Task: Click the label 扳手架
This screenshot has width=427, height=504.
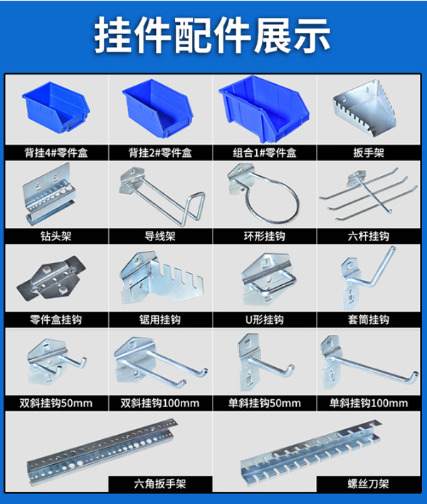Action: point(369,153)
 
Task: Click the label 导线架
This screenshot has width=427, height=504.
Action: point(160,237)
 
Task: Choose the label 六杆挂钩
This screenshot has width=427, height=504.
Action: point(369,237)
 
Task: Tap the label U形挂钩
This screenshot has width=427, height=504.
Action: point(265,320)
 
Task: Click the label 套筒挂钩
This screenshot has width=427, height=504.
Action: point(369,320)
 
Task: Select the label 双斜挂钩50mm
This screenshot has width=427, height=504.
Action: point(56,403)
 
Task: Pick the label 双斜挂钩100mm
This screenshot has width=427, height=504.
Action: point(161,403)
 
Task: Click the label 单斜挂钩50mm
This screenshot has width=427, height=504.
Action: point(265,403)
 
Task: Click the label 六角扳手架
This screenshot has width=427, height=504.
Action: point(160,485)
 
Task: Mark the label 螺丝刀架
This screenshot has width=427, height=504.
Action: point(369,485)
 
